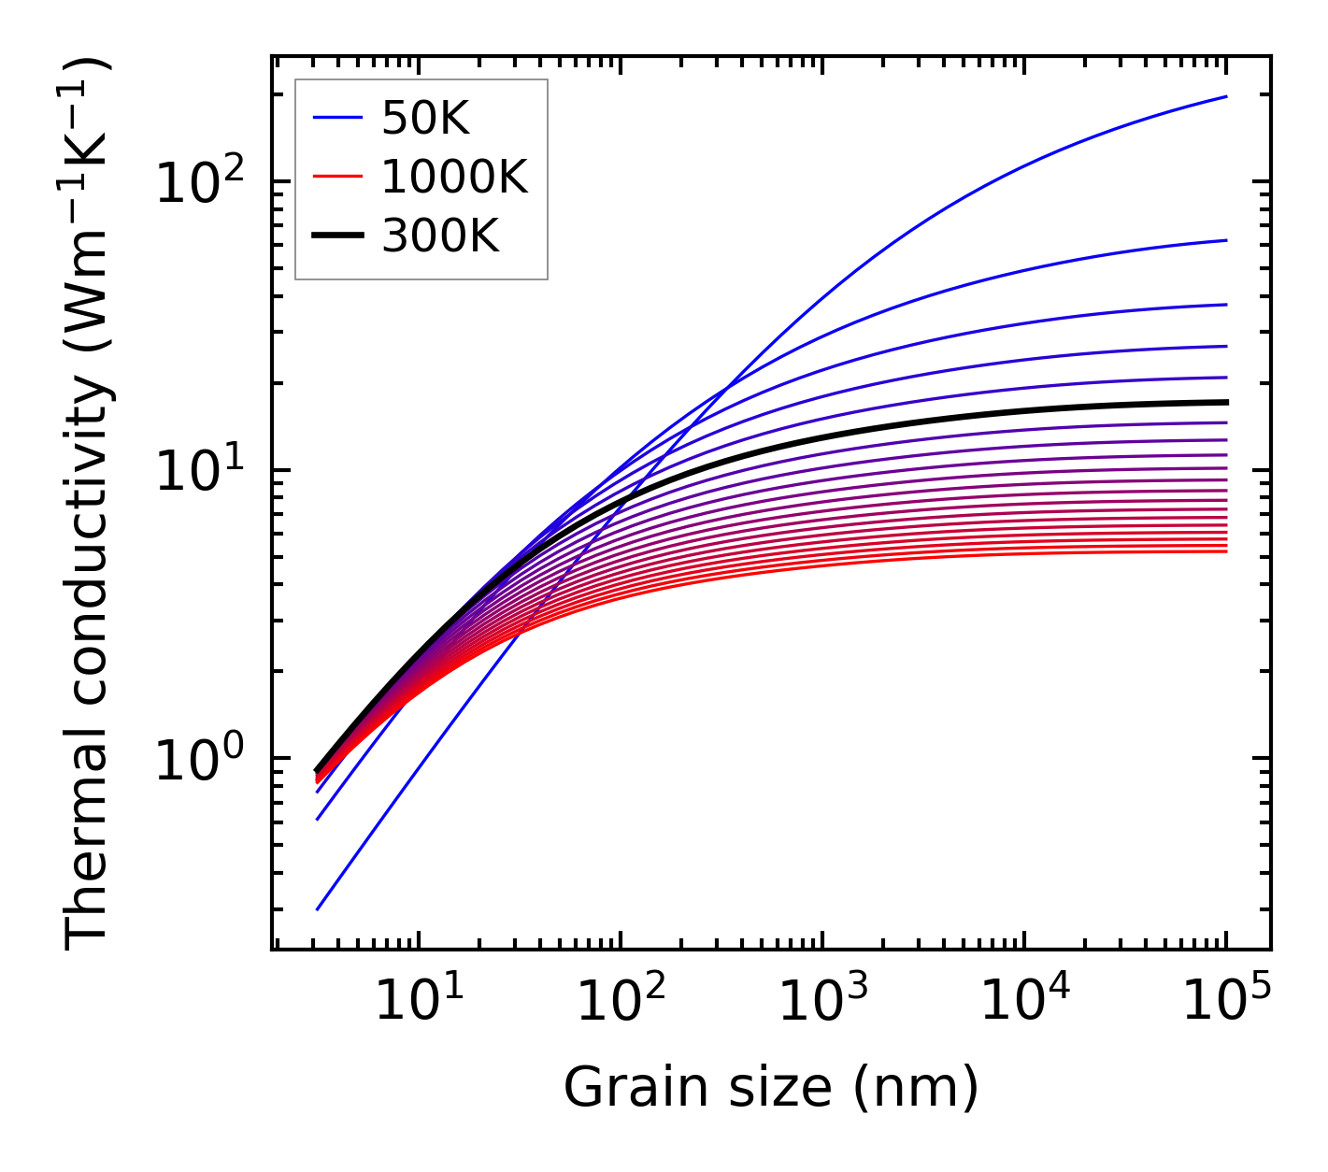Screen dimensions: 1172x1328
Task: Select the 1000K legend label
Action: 454,177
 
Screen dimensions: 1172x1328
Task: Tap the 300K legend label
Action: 440,236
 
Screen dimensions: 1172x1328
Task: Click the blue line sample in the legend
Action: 336,118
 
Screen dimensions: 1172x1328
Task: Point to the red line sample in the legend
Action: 336,177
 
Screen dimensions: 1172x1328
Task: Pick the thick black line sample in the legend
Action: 336,236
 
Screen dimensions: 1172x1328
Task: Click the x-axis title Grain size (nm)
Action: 771,1087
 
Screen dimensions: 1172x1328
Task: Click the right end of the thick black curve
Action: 1226,402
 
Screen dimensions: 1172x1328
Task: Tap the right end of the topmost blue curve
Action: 1226,96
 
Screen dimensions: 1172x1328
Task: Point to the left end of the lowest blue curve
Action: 318,909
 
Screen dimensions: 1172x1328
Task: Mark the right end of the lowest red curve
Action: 1226,551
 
